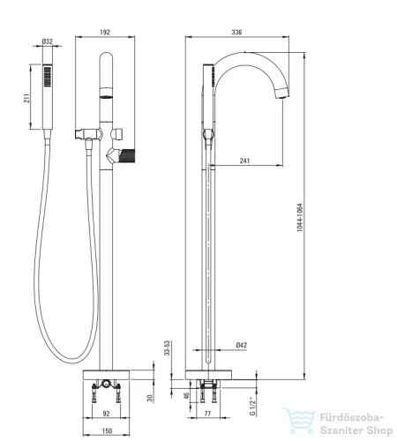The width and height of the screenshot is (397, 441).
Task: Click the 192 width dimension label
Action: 105,32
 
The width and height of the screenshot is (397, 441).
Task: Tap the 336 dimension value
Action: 236,32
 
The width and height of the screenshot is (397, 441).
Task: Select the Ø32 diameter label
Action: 47,41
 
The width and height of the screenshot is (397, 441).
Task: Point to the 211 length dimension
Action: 26,98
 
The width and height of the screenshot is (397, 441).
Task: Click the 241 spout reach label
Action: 244,161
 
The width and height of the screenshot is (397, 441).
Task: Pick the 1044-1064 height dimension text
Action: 299,218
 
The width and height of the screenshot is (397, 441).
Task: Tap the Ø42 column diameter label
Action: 241,345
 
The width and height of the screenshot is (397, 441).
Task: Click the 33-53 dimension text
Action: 167,348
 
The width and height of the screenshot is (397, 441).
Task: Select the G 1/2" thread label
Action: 252,407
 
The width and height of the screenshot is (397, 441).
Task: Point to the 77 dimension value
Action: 207,414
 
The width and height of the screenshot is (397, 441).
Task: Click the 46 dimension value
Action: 186,395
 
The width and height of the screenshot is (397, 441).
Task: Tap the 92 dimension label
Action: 106,414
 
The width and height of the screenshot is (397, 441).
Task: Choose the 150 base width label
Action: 107,430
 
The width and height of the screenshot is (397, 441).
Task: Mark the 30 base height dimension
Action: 150,399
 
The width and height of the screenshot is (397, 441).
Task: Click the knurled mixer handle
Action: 127,155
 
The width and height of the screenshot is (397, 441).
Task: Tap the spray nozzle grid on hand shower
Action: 48,77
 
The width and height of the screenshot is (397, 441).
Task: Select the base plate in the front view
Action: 107,375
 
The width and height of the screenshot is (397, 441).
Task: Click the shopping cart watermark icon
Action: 299,421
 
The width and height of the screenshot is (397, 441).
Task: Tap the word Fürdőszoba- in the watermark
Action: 352,418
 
